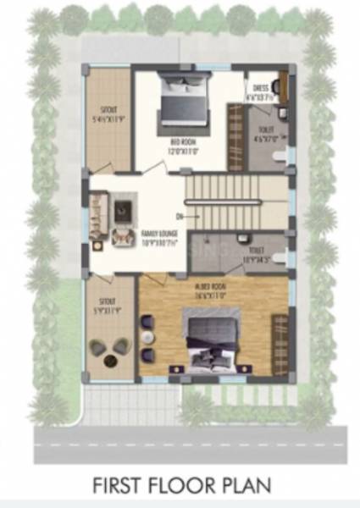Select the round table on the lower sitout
pos(111,360)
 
